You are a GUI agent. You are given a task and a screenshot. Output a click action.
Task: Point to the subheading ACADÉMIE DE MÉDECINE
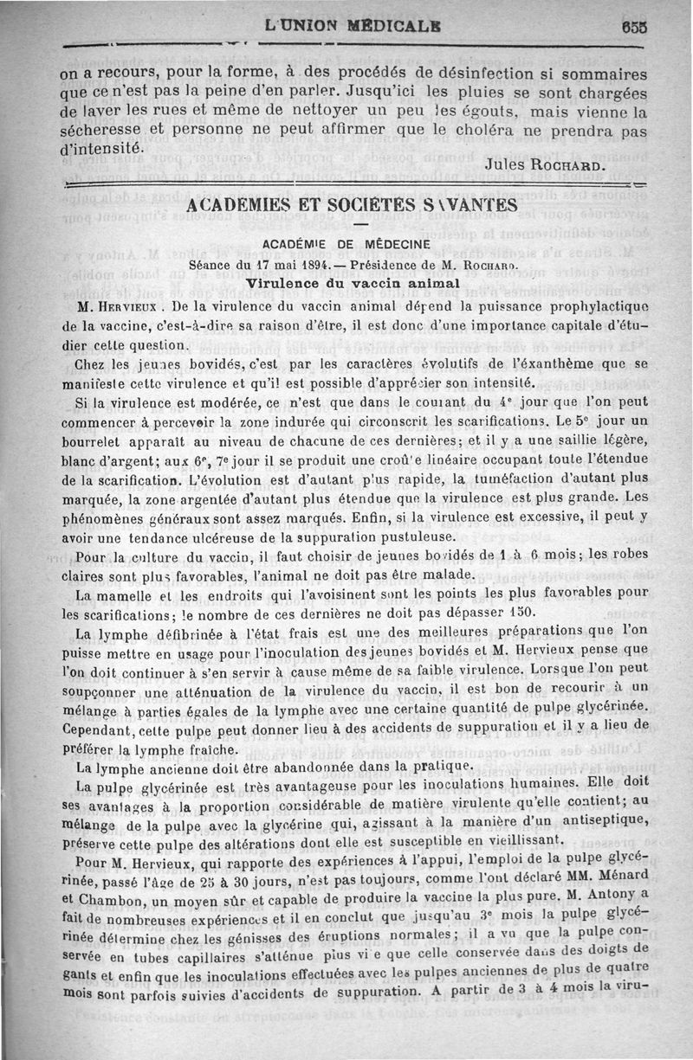click(x=353, y=245)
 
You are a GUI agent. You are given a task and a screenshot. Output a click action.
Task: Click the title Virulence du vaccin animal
click(x=352, y=282)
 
